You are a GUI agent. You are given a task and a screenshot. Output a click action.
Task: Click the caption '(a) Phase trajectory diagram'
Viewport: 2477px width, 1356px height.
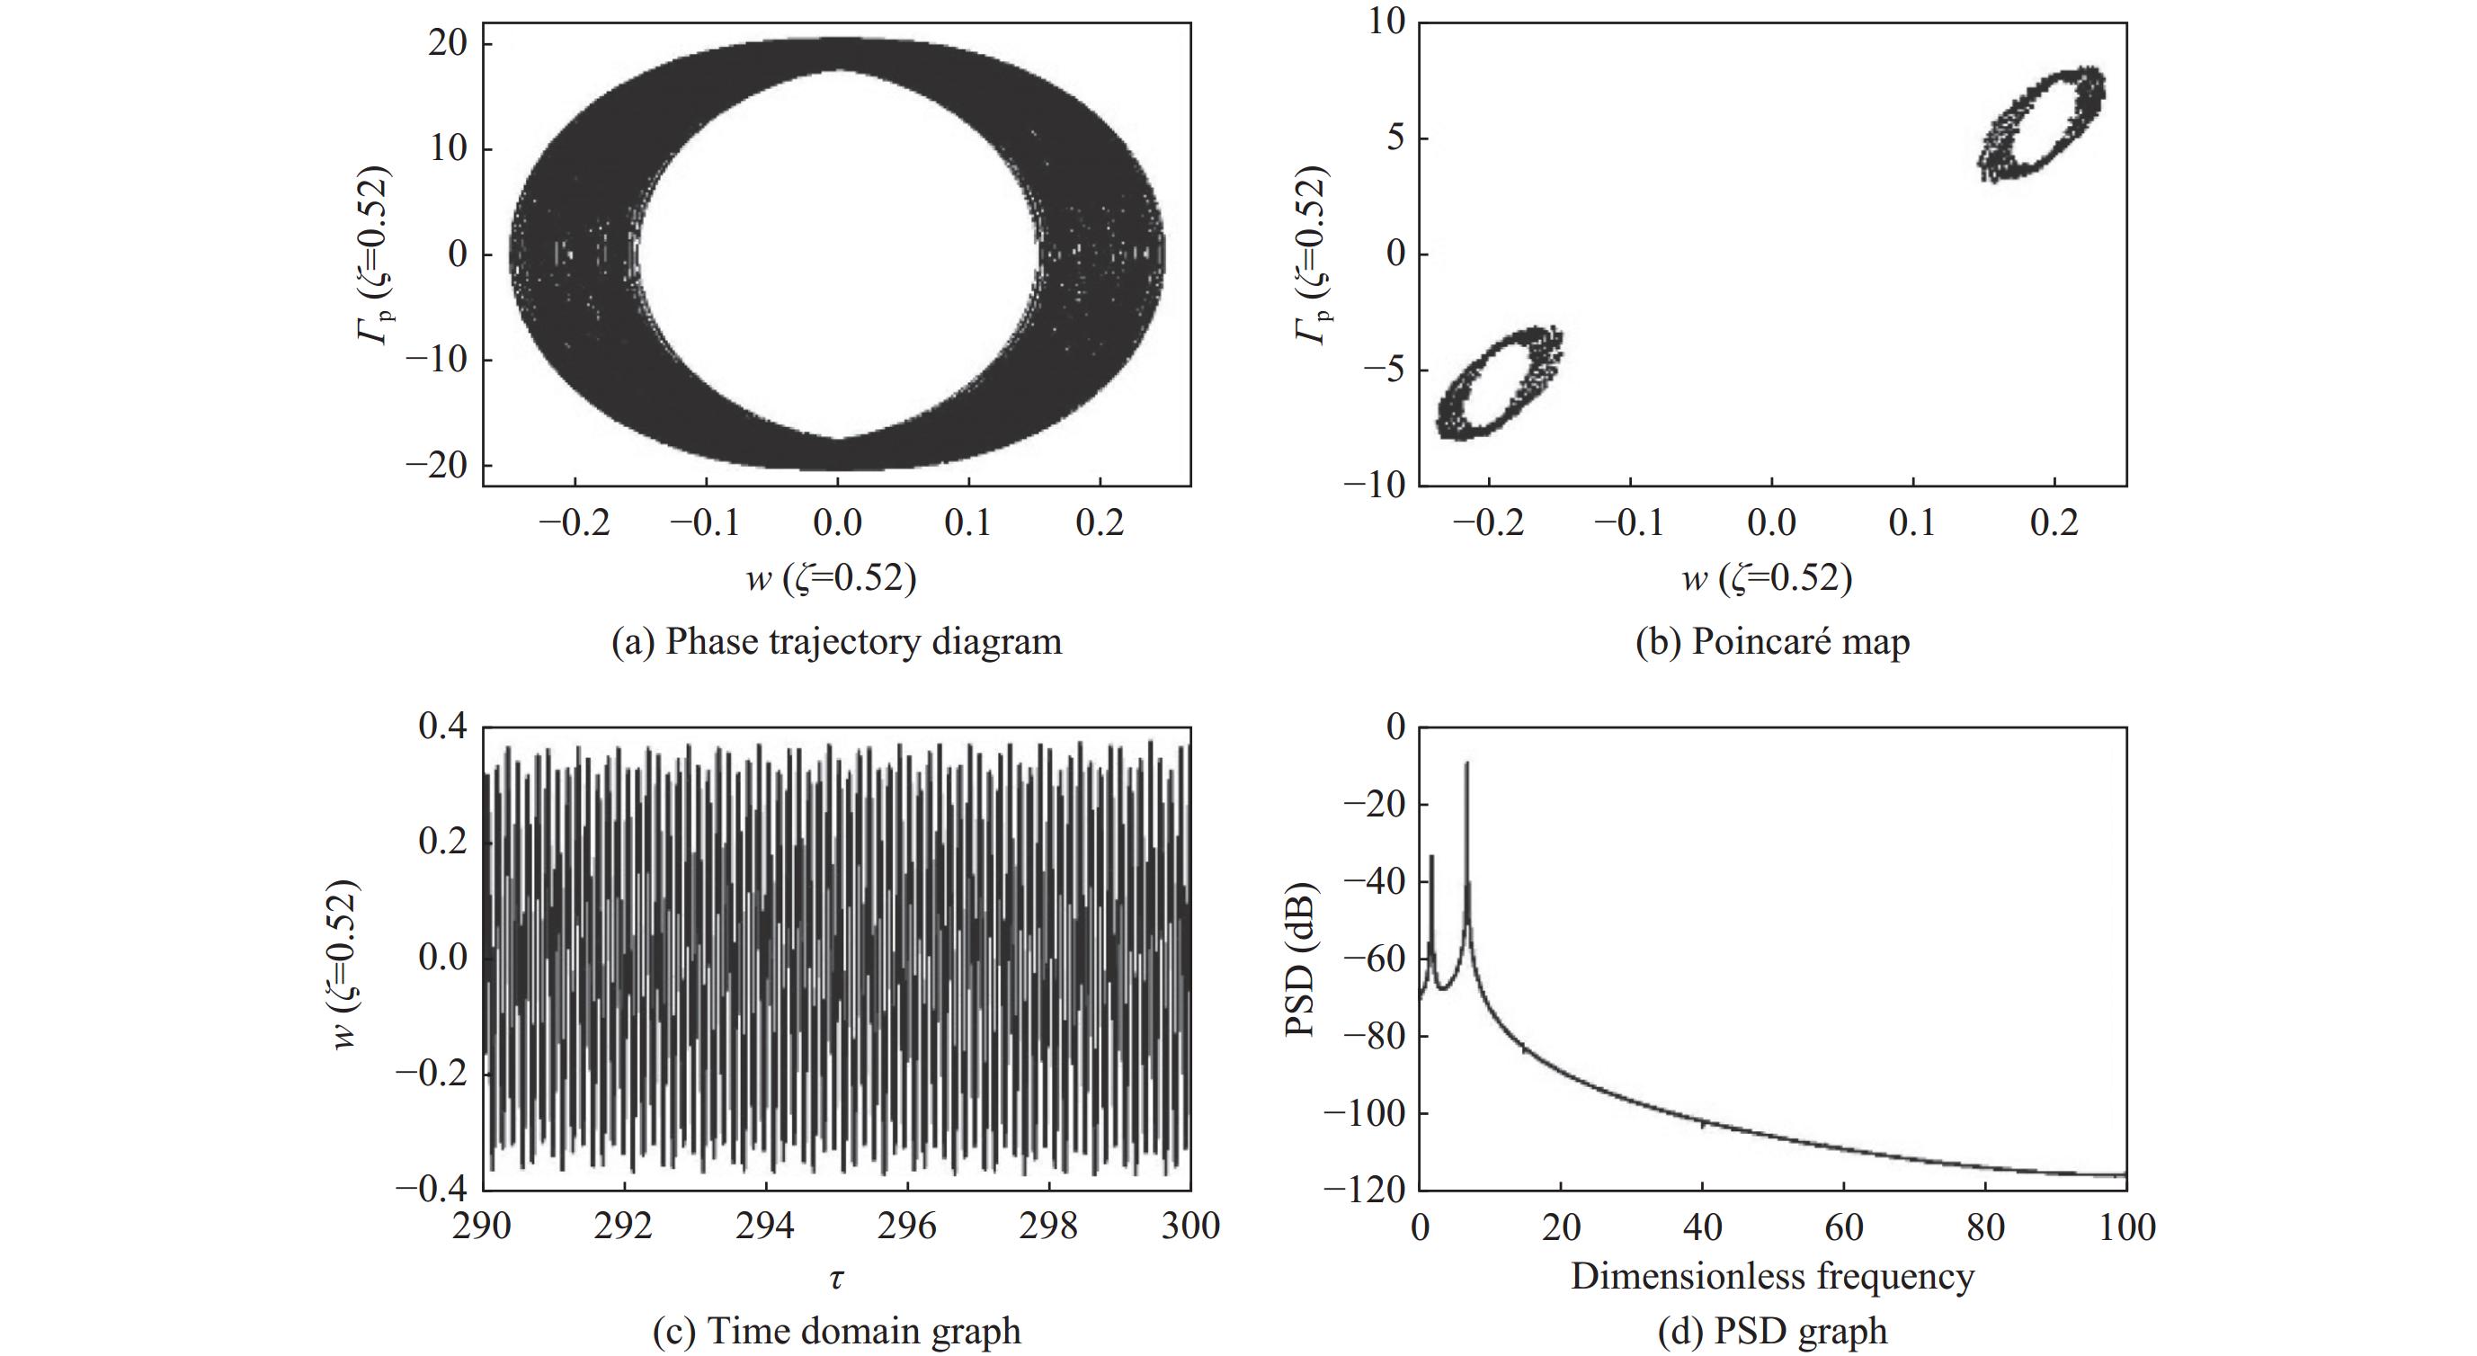click(x=836, y=641)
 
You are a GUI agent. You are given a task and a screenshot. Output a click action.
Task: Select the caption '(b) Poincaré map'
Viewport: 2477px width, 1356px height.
click(x=1772, y=641)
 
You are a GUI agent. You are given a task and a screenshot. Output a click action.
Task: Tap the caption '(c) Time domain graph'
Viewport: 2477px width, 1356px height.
click(x=836, y=1331)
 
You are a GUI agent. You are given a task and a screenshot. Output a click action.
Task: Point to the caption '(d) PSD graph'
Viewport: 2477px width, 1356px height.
click(x=1772, y=1331)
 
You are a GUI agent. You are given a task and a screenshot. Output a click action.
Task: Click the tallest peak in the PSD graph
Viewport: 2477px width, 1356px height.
click(x=1466, y=764)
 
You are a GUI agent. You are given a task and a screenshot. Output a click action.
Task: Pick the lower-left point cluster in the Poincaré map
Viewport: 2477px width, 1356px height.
click(x=1499, y=383)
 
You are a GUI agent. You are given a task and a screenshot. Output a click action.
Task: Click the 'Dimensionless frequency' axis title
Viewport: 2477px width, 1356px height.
click(x=1772, y=1276)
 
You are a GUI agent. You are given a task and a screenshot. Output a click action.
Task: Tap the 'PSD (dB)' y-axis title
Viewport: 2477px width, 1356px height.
click(x=1300, y=958)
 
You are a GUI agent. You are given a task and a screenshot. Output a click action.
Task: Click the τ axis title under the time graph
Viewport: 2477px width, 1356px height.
click(x=836, y=1278)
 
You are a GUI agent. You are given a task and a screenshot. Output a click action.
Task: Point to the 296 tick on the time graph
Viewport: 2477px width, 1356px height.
click(x=908, y=1227)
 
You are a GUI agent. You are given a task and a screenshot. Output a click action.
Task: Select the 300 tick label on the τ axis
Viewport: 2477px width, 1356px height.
click(x=1190, y=1227)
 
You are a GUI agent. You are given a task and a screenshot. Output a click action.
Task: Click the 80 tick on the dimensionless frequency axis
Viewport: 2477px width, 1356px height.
click(x=1984, y=1227)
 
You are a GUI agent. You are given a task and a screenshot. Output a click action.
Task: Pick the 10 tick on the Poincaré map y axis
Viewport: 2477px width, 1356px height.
click(x=1386, y=22)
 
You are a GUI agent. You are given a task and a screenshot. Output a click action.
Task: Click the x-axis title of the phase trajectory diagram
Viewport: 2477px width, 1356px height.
click(x=831, y=578)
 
